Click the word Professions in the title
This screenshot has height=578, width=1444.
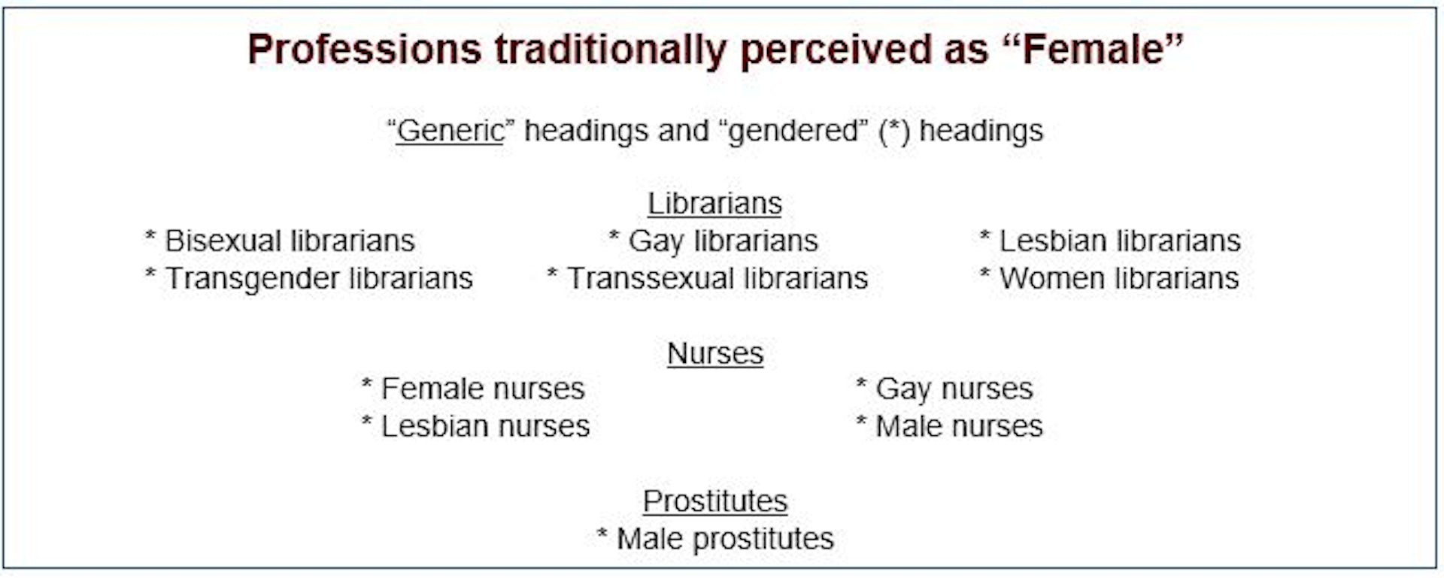364,50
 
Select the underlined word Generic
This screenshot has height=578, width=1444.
450,131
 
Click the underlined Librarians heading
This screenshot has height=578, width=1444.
715,204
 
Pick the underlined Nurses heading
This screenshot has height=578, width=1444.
715,353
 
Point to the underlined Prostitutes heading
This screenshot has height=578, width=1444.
715,501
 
